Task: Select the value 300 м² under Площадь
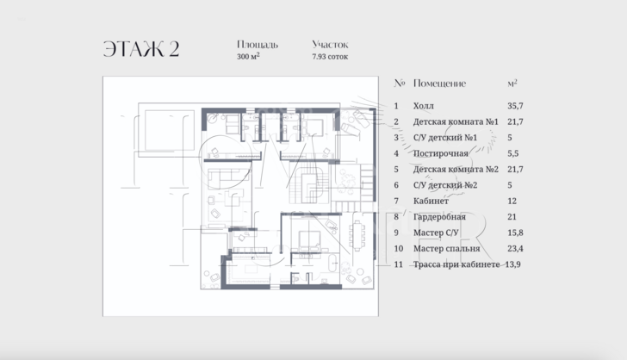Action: [248, 57]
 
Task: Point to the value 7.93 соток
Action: [330, 57]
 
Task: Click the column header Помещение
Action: [439, 84]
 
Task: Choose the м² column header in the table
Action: [512, 84]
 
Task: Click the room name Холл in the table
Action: [424, 106]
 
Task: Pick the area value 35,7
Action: [517, 106]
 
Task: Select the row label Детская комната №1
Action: [456, 121]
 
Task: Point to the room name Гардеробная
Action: [439, 216]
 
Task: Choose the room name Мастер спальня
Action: [445, 248]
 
